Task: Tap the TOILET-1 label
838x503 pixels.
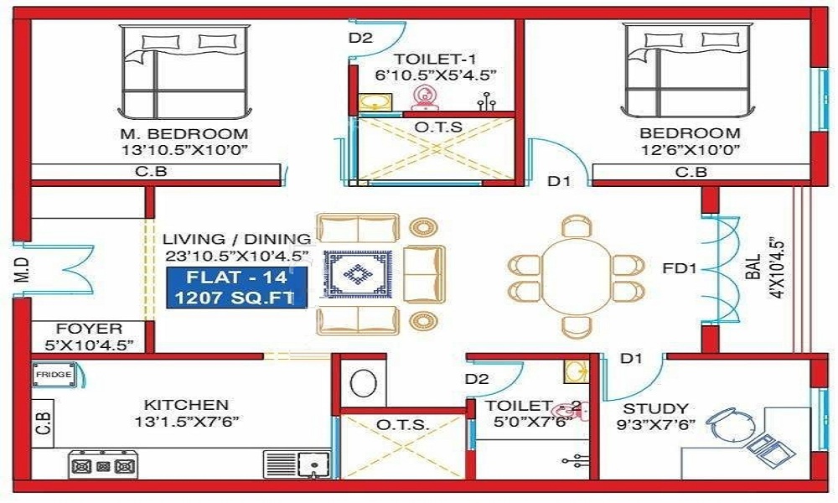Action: click(435, 58)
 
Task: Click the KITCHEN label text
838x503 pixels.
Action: click(186, 404)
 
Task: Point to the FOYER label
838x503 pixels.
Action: click(89, 329)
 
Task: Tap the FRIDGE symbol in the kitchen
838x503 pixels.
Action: click(53, 375)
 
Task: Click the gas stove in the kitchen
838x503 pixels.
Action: click(103, 465)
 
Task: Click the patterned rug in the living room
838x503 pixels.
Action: click(359, 274)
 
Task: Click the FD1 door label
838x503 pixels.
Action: click(681, 270)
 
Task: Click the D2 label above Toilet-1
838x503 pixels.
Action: click(360, 38)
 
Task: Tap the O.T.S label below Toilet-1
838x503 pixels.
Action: click(435, 126)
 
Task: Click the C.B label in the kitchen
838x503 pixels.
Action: click(44, 419)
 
